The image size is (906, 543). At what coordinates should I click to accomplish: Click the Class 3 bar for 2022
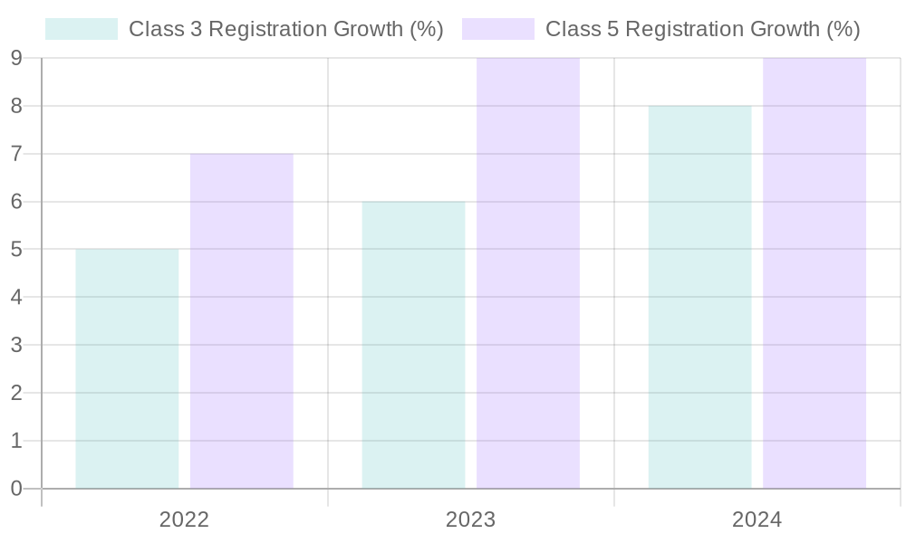tap(127, 368)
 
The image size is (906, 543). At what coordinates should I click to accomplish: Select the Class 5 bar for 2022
tap(241, 321)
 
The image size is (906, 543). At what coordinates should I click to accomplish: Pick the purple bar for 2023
tap(528, 273)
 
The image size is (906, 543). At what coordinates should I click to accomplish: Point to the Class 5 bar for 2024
tap(814, 273)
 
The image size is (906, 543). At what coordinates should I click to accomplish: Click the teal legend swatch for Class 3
tap(82, 29)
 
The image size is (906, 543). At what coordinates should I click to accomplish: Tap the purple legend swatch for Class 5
tap(498, 29)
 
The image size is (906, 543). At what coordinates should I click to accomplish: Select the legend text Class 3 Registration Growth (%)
tap(285, 29)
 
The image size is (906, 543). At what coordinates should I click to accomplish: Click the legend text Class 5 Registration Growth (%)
tap(702, 29)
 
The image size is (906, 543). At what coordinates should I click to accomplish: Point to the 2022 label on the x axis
tap(184, 520)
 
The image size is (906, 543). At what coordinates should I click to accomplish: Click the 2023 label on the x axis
tap(470, 520)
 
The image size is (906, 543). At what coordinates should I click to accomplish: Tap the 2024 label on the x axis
tap(757, 520)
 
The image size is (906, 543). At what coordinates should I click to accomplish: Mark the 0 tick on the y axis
tap(16, 489)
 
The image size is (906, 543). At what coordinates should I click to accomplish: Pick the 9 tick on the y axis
tap(16, 59)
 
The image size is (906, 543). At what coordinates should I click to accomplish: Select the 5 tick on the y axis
tap(16, 250)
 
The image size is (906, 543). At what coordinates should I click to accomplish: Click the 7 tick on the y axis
tap(16, 154)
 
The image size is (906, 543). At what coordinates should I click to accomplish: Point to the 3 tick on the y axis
tap(16, 346)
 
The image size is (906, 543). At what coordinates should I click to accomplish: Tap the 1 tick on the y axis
tap(16, 441)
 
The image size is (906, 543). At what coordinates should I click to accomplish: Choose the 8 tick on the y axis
tap(16, 107)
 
